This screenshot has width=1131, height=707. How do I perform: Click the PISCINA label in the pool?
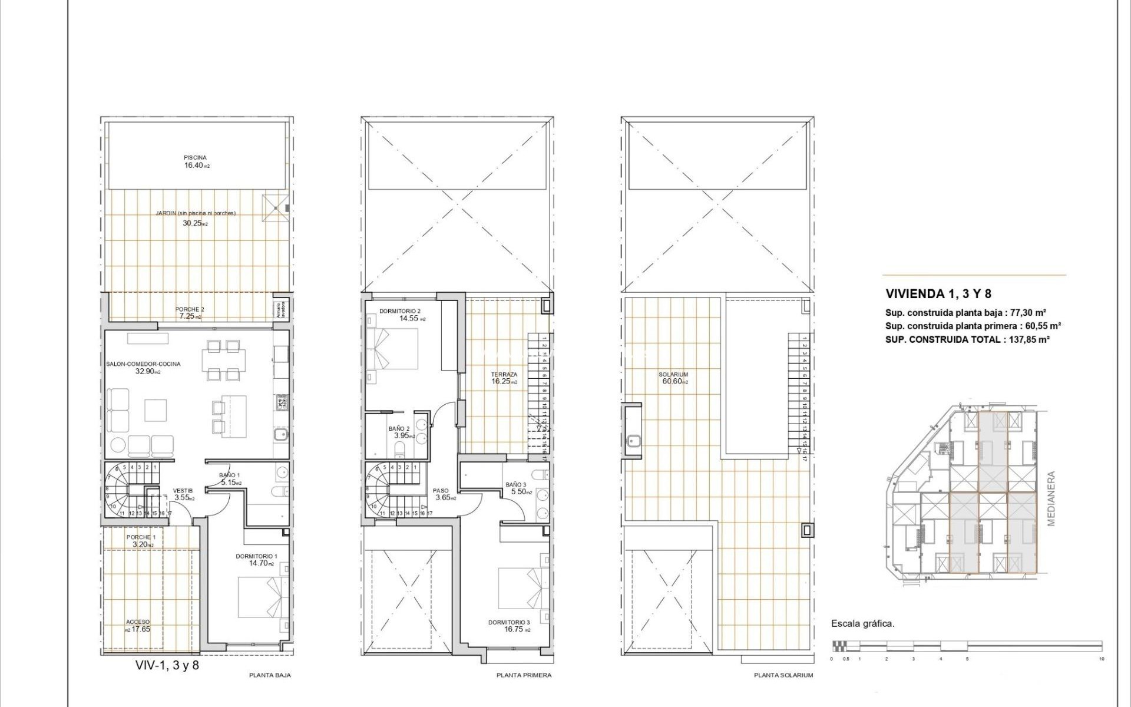pyautogui.click(x=195, y=157)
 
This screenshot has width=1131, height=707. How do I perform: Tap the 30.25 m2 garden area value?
pyautogui.click(x=195, y=223)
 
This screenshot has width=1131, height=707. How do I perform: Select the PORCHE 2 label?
pyautogui.click(x=190, y=309)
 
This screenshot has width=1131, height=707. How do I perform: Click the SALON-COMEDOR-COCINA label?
pyautogui.click(x=143, y=364)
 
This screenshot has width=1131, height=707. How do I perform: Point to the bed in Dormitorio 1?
pyautogui.click(x=263, y=596)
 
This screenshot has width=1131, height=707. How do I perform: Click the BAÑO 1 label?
pyautogui.click(x=229, y=475)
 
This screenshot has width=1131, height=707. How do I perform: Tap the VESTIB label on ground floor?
pyautogui.click(x=183, y=490)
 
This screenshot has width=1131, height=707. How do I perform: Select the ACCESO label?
pyautogui.click(x=138, y=622)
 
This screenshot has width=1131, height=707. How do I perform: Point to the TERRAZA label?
pyautogui.click(x=504, y=374)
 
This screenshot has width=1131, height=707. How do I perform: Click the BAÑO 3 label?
pyautogui.click(x=516, y=484)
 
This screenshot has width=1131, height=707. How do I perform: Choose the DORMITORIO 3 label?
pyautogui.click(x=509, y=622)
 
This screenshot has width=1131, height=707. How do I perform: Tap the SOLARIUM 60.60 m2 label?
pyautogui.click(x=673, y=378)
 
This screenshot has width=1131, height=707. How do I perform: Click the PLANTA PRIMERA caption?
pyautogui.click(x=524, y=675)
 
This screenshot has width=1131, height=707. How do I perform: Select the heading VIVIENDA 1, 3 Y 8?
pyautogui.click(x=938, y=293)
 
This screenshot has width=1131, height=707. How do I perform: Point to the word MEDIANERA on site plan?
pyautogui.click(x=1051, y=498)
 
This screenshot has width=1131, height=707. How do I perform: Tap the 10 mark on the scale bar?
pyautogui.click(x=1101, y=659)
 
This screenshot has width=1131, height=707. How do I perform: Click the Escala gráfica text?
pyautogui.click(x=862, y=623)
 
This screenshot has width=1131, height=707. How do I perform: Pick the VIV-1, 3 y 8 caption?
pyautogui.click(x=167, y=665)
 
